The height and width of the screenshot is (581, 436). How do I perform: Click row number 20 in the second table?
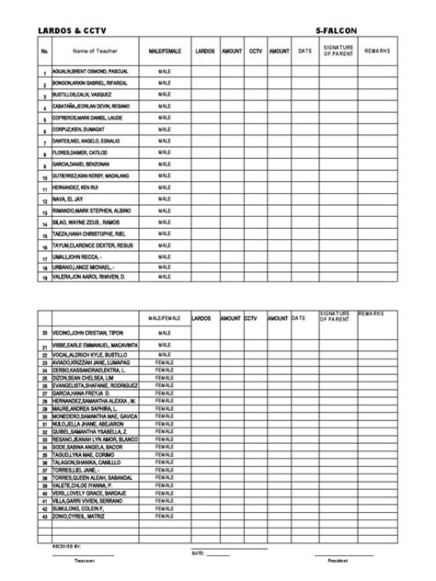44,333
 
